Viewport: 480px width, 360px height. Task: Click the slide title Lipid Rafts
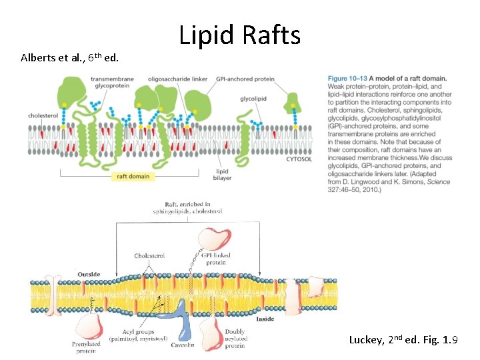pos(239,35)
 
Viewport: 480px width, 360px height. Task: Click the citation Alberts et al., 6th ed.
pos(70,57)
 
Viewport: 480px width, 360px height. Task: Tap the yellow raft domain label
pos(133,177)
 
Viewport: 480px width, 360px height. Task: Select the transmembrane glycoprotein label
pos(112,82)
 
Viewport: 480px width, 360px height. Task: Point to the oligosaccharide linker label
pos(178,79)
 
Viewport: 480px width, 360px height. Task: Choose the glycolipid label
pos(253,99)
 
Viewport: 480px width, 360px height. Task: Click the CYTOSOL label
pos(299,159)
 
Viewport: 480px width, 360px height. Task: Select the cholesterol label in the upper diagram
pos(43,115)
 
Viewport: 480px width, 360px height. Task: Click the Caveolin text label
pos(182,345)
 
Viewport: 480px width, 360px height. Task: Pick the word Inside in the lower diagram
pos(265,319)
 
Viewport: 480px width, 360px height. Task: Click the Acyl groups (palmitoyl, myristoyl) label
pos(139,335)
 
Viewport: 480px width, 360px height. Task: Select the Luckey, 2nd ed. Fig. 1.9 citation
pos(403,340)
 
